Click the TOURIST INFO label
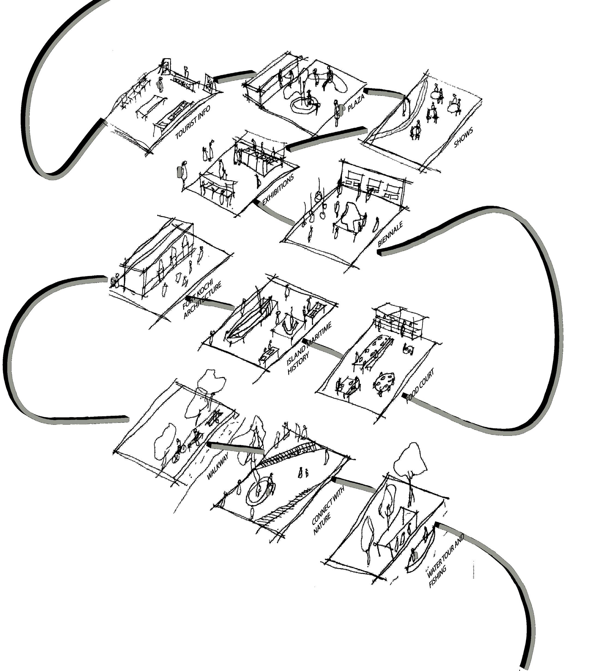click(193, 122)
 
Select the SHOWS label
click(463, 137)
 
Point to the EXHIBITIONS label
click(277, 190)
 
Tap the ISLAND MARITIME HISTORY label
click(309, 348)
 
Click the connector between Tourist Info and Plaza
click(234, 76)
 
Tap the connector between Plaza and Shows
click(384, 93)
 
